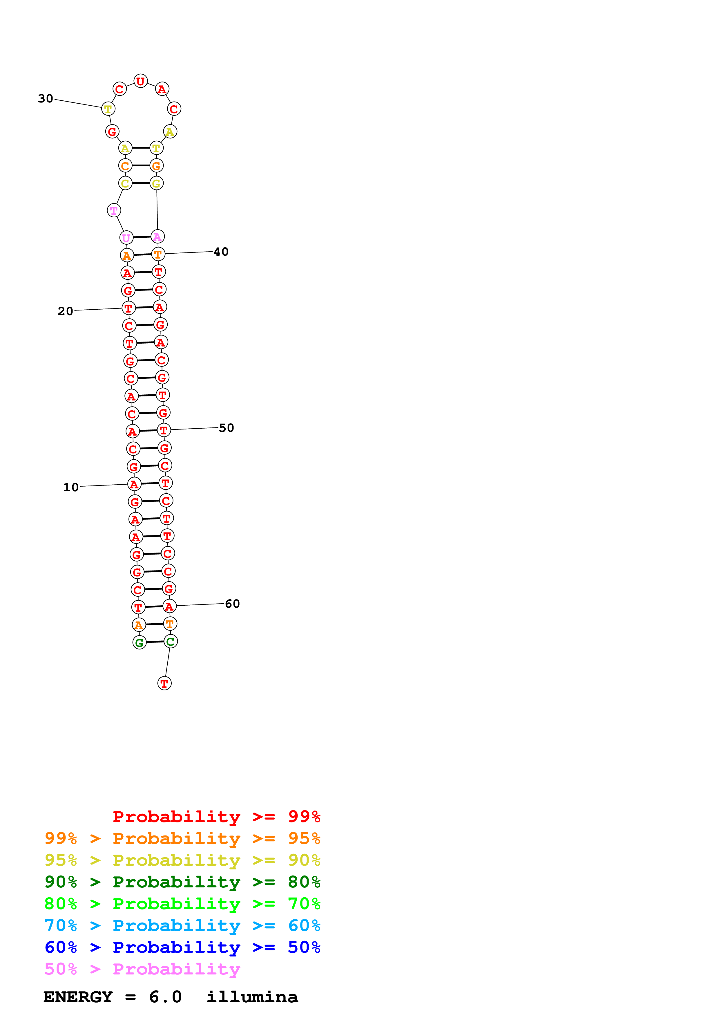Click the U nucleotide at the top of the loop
[x=140, y=81]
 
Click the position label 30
[x=46, y=98]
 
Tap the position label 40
[x=221, y=252]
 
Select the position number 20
[x=65, y=311]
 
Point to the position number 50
[x=227, y=428]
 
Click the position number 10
[x=71, y=487]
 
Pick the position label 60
[x=232, y=604]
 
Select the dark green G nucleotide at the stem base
[x=140, y=642]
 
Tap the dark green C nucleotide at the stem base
[x=171, y=642]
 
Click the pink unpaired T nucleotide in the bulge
[x=114, y=211]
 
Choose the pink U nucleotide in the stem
[x=126, y=238]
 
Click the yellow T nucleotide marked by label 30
[x=108, y=109]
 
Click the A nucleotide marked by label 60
[x=169, y=606]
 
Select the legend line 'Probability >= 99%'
[x=216, y=816]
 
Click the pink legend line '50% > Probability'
[x=142, y=969]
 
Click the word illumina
[x=252, y=997]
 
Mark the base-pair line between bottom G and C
[x=155, y=642]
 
